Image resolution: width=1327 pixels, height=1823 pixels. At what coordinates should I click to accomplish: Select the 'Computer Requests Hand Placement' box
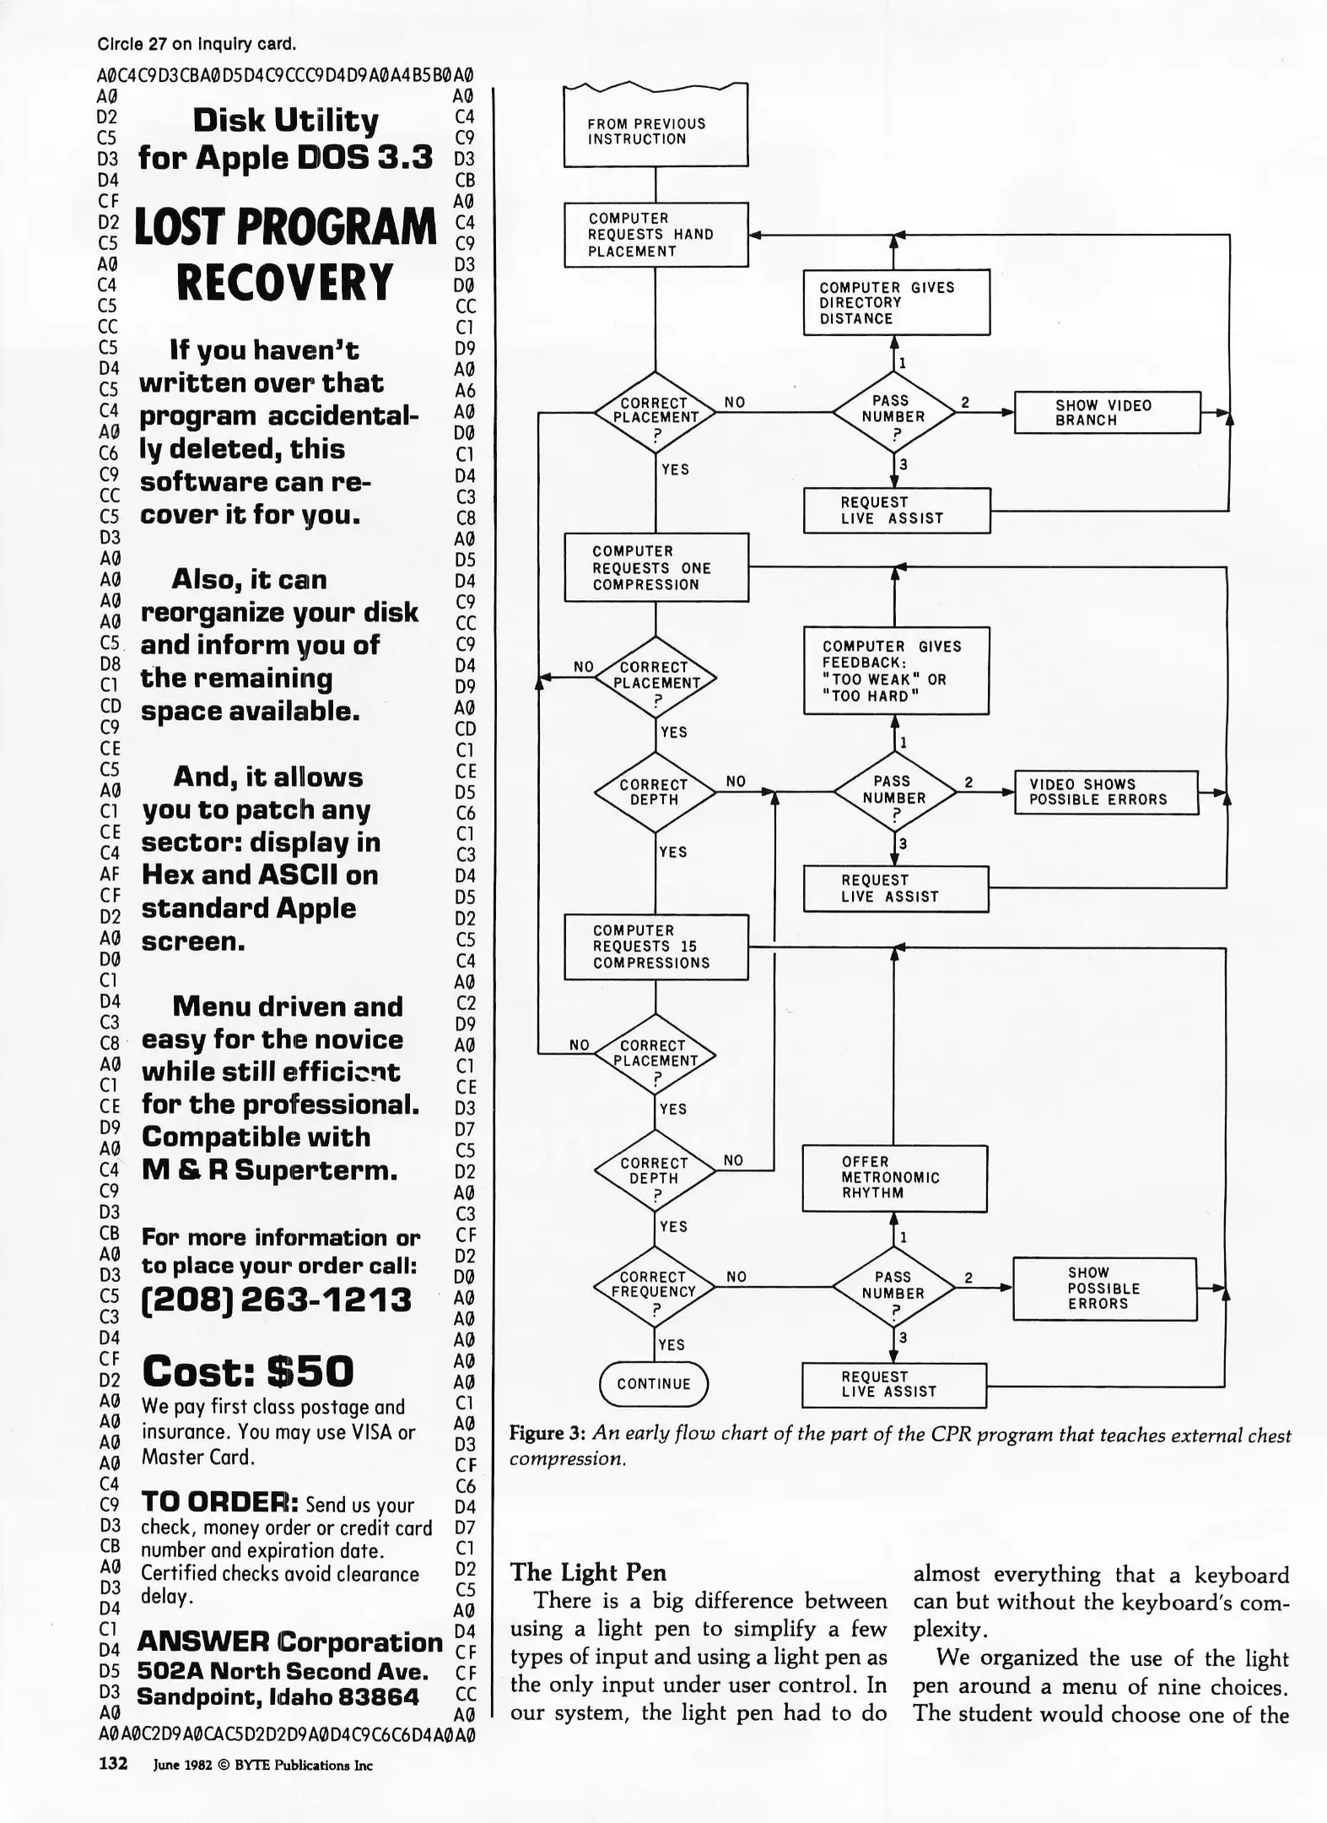coord(655,235)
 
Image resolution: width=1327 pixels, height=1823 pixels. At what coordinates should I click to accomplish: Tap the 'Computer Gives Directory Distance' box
coord(896,302)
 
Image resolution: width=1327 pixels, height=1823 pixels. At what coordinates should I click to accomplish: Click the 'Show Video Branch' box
coord(1107,413)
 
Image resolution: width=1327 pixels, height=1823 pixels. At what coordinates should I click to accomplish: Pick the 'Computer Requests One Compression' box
coord(655,567)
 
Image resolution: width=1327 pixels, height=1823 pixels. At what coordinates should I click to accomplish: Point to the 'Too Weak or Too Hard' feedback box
coord(896,671)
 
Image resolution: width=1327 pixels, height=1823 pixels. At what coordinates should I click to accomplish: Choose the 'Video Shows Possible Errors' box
coord(1106,792)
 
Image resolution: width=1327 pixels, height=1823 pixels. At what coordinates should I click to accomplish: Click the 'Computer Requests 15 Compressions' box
coord(655,947)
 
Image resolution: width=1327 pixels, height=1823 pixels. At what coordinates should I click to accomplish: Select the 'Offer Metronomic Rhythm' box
coord(894,1178)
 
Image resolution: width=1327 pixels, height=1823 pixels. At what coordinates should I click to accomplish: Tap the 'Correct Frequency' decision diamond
coord(655,1286)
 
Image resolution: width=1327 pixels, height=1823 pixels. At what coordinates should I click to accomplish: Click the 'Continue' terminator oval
coord(654,1384)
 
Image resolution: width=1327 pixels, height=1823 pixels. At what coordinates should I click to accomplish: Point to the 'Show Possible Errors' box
coord(1104,1289)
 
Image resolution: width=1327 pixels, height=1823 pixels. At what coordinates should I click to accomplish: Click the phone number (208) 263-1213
coord(276,1300)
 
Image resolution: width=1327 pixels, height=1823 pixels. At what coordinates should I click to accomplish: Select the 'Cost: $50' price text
coord(248,1371)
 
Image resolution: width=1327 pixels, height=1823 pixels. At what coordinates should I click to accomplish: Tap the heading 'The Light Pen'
coord(588,1572)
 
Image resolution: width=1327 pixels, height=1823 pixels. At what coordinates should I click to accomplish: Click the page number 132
coord(113,1763)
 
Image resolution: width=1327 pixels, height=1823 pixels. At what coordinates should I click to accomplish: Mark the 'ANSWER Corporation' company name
coord(289,1642)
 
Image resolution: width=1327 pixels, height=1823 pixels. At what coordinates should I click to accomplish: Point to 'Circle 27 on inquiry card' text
coord(197,44)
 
